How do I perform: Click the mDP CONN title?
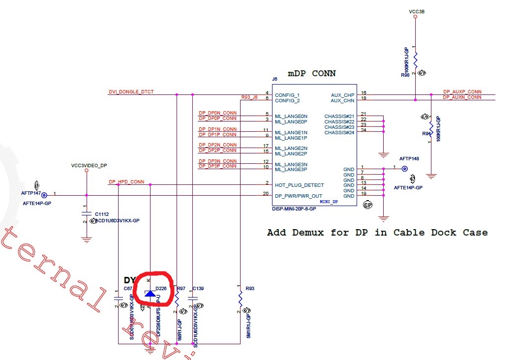(312, 73)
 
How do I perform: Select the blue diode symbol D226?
(150, 294)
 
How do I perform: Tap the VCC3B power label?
(416, 11)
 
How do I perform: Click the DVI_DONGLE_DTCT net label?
(131, 92)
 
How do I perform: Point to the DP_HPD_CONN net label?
(126, 182)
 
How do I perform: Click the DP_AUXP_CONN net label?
(462, 92)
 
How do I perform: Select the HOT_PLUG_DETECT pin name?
(299, 185)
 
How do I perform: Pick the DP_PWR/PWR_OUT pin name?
(299, 196)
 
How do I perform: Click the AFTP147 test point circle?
(44, 195)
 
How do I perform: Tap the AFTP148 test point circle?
(405, 169)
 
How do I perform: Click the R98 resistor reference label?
(405, 75)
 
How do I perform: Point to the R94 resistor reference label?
(426, 133)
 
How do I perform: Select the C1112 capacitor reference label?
(102, 214)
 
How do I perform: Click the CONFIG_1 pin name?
(287, 95)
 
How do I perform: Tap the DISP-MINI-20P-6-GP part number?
(294, 209)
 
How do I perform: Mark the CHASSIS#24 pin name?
(339, 132)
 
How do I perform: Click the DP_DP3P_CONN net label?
(217, 166)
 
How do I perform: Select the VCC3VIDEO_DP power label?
(89, 166)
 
